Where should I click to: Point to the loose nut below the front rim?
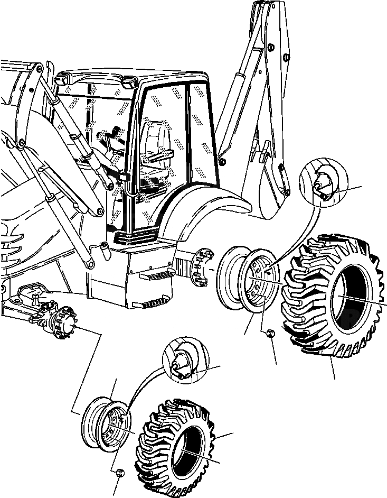pyautogui.click(x=120, y=472)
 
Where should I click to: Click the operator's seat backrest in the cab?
pyautogui.click(x=156, y=137)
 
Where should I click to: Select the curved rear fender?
pyautogui.click(x=206, y=206)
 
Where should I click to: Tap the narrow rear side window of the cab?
pyautogui.click(x=200, y=132)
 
